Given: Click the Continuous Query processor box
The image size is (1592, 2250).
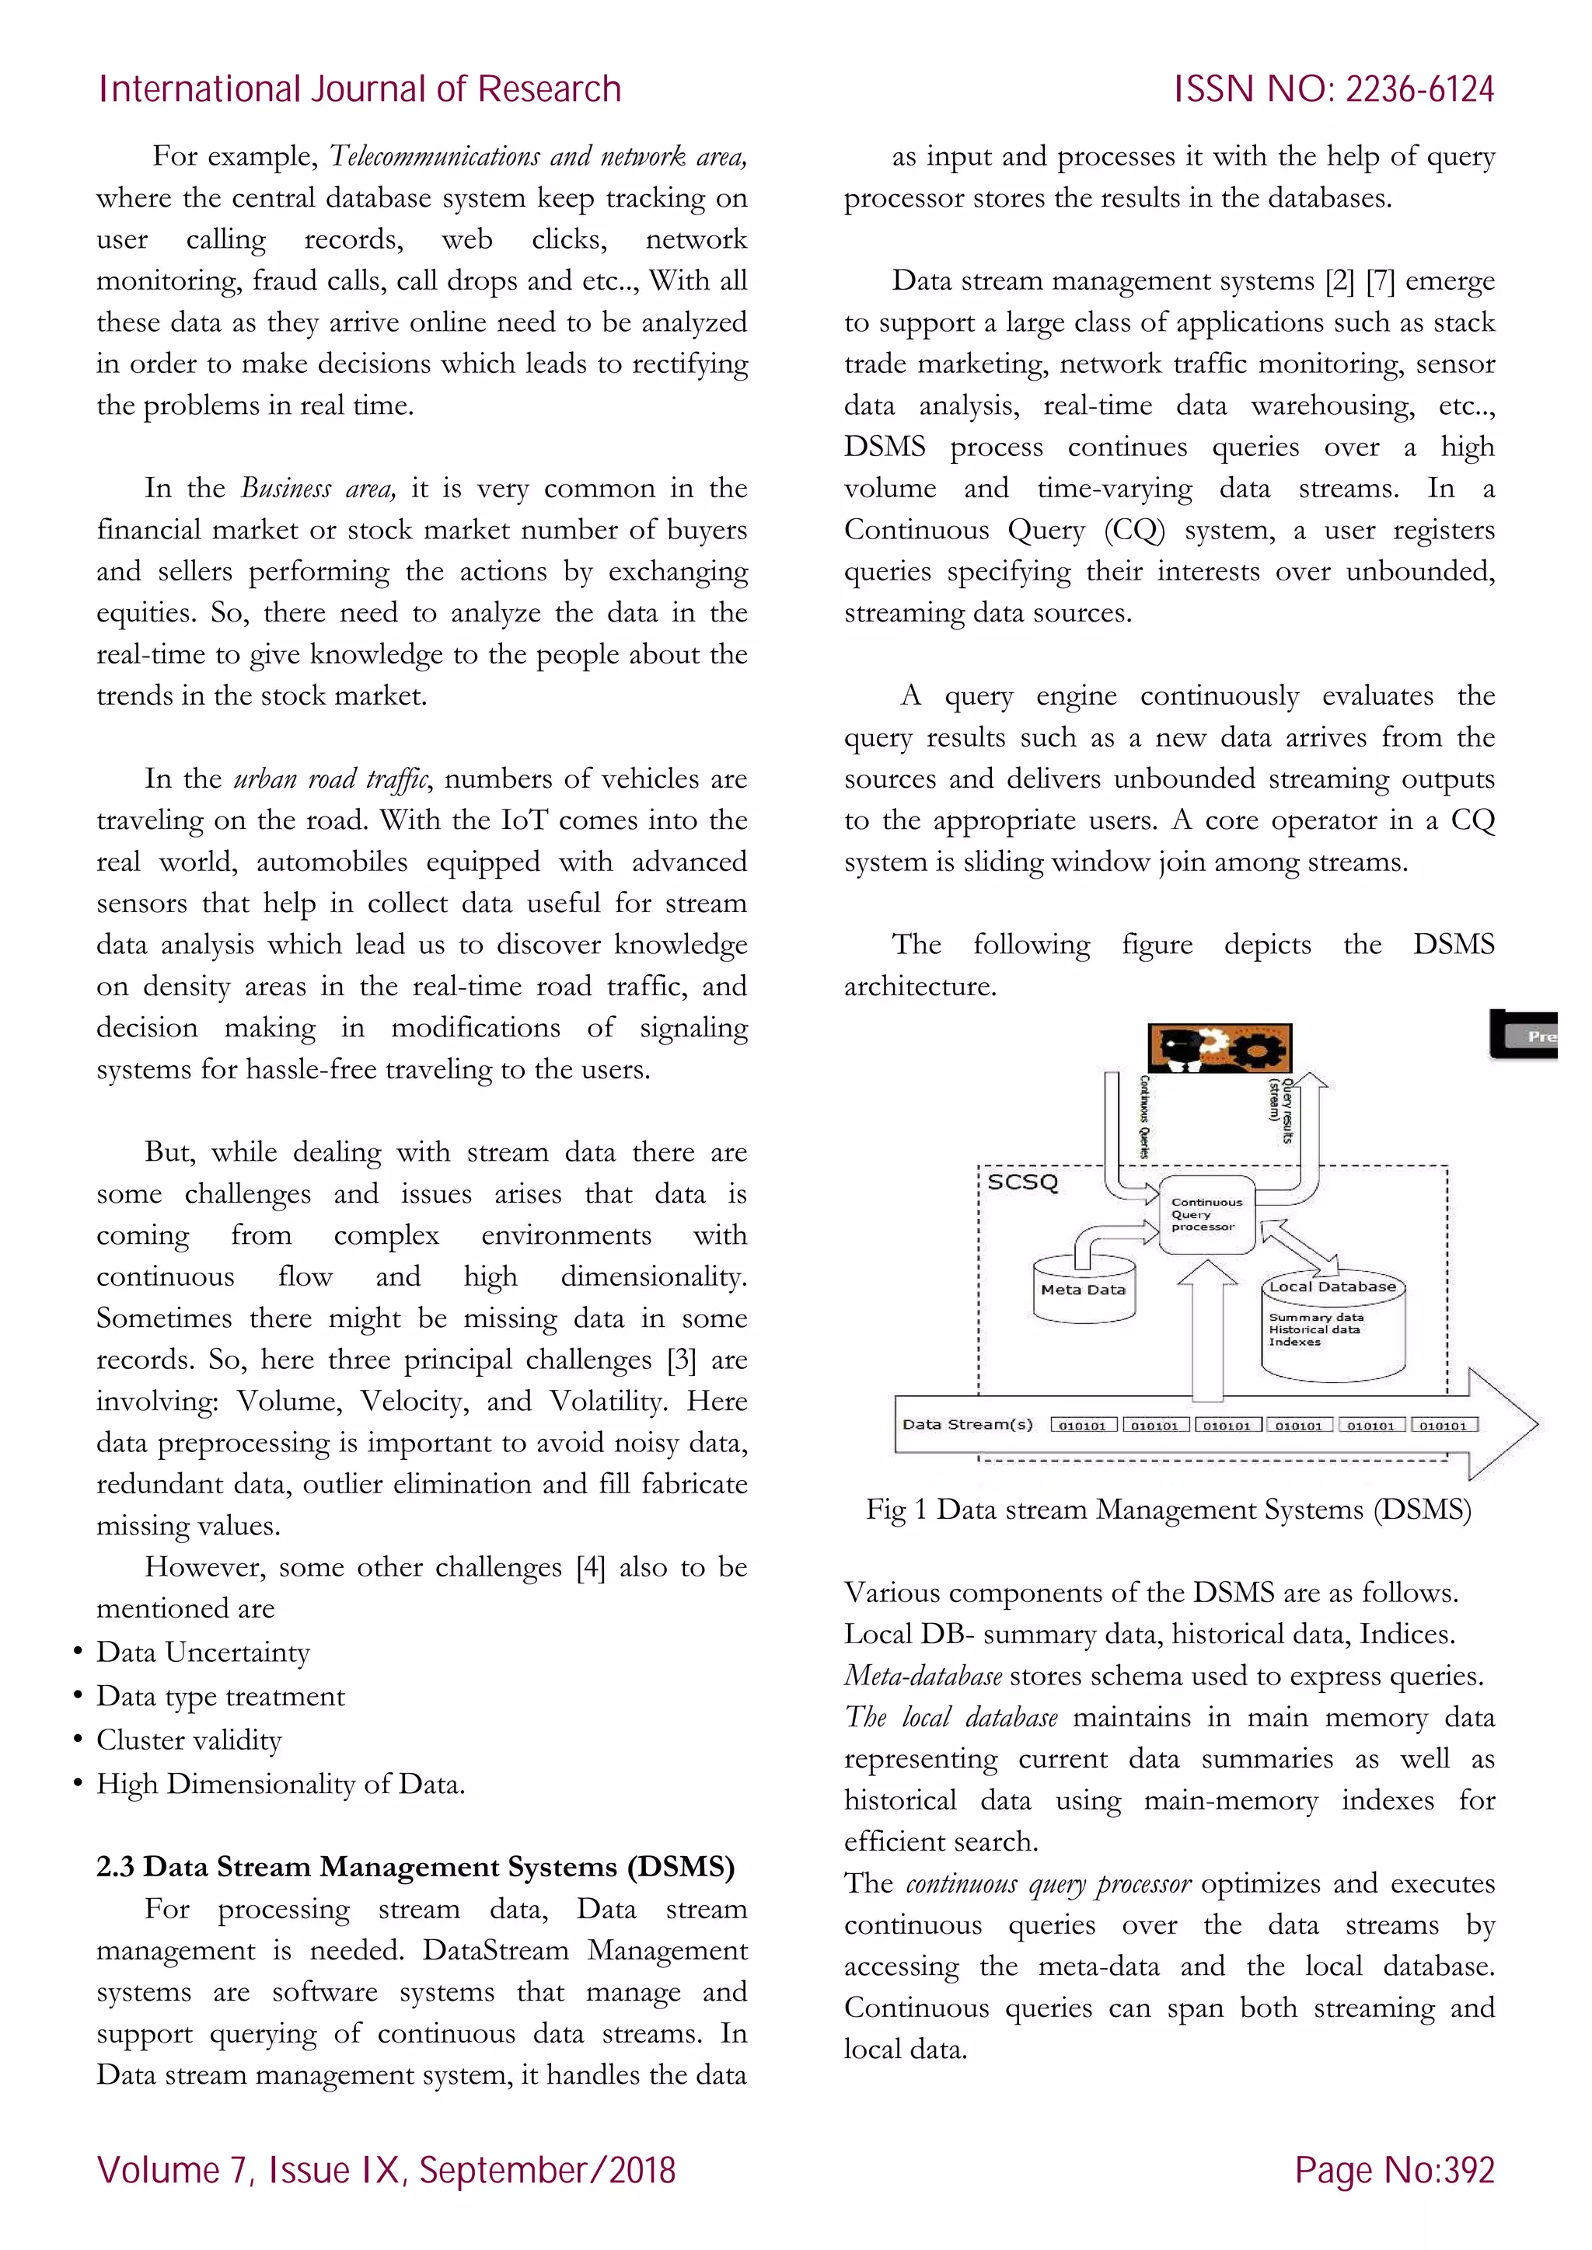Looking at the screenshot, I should [1206, 1214].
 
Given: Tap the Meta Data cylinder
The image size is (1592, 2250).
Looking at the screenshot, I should [1082, 1290].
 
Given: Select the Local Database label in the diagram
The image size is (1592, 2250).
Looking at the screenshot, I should [1332, 1287].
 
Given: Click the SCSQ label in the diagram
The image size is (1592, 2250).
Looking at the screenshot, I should [1022, 1182].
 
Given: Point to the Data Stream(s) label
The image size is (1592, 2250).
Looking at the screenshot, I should [966, 1424].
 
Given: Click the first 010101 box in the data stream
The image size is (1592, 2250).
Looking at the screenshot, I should [1082, 1426].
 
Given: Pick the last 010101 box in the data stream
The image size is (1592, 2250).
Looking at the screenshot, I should [1443, 1426].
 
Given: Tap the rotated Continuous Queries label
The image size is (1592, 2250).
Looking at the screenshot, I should [1144, 1117].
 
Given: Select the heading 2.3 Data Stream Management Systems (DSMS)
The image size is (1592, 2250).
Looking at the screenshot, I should [414, 1867].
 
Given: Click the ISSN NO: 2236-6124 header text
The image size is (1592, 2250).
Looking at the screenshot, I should [1333, 89].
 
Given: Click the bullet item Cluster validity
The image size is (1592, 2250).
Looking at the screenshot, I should [189, 1740].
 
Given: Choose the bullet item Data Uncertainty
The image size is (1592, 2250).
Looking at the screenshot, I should [203, 1653].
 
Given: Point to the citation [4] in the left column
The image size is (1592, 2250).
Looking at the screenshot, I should [590, 1567].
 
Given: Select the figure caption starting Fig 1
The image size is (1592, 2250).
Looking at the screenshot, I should [1168, 1509].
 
